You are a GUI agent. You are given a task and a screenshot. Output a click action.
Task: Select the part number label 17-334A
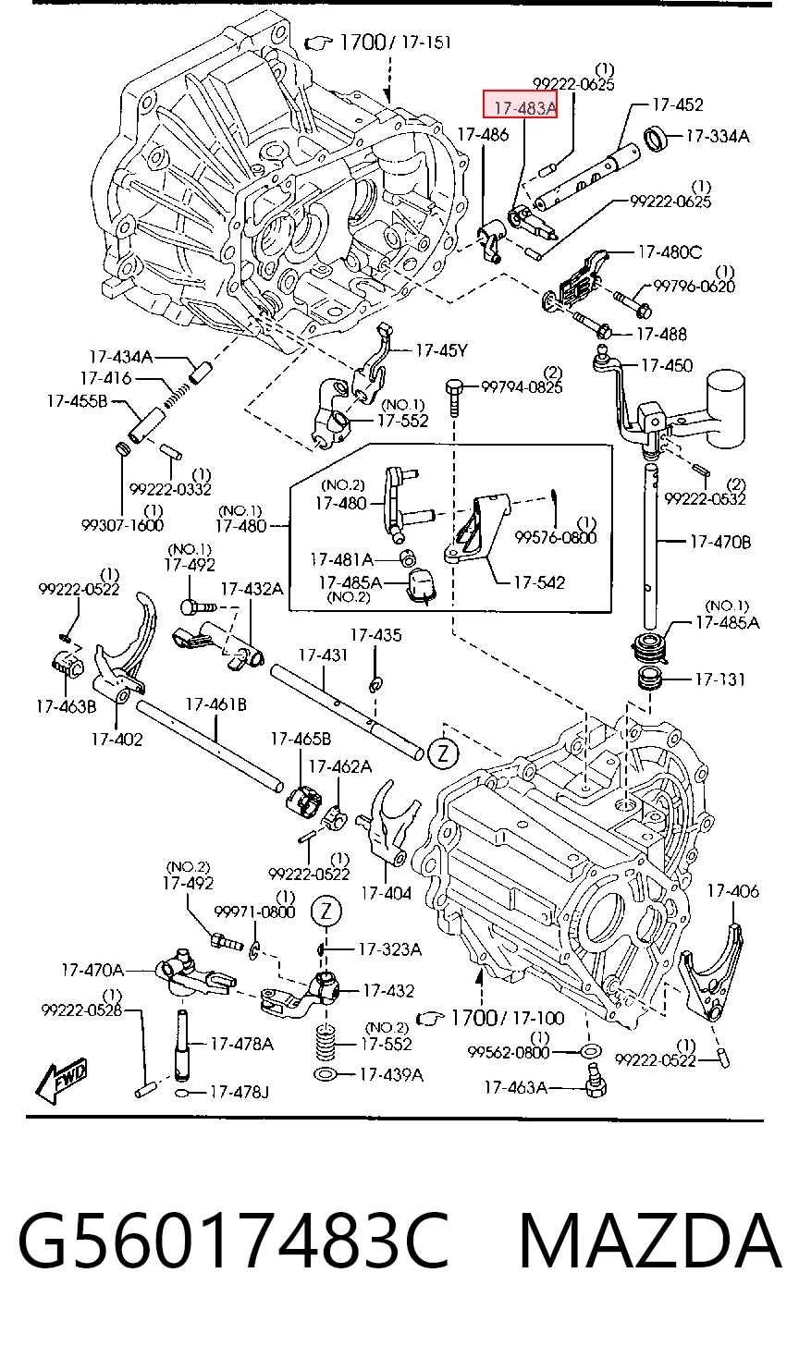pos(718,137)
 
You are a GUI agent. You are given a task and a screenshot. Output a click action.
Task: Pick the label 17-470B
pos(720,542)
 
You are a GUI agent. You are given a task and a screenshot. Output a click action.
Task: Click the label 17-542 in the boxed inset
pos(539,582)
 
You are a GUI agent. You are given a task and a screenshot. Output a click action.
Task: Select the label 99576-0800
pos(556,537)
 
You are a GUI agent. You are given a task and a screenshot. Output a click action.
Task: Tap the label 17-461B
pos(216,704)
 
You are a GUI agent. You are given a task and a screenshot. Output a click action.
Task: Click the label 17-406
pos(732,891)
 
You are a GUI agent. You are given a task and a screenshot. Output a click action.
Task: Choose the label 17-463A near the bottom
pos(515,1087)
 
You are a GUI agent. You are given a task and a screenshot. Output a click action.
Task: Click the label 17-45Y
pos(441,350)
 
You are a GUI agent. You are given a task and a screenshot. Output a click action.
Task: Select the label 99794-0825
pos(522,387)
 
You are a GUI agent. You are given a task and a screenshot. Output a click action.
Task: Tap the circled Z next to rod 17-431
pos(443,753)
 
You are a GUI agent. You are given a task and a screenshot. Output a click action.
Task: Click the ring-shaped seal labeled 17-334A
pos(657,139)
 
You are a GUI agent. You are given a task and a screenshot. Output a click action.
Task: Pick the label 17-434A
pos(121,357)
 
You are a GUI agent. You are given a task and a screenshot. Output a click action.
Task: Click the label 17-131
pos(720,679)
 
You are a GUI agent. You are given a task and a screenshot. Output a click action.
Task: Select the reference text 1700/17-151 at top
pos(395,43)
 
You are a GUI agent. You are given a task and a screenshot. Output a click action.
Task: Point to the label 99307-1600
pos(123,525)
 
